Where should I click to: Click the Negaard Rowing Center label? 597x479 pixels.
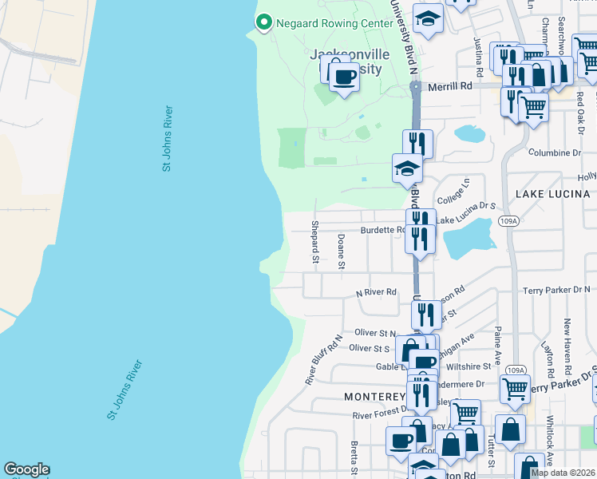[334, 22]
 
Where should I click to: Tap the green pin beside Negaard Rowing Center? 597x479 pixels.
[263, 22]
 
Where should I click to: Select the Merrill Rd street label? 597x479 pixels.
[450, 85]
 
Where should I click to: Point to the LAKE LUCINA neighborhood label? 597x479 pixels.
[552, 194]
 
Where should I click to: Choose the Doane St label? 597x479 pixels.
[342, 251]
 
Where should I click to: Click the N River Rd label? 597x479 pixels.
[376, 292]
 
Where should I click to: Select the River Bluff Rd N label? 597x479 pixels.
[323, 359]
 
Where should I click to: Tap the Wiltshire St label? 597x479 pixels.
[469, 366]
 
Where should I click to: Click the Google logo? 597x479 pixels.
[26, 469]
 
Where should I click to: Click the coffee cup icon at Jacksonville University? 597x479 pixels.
[344, 77]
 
